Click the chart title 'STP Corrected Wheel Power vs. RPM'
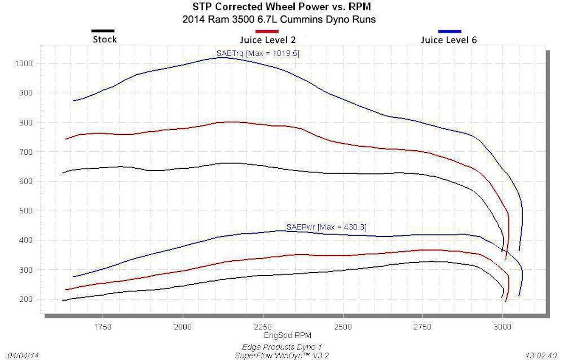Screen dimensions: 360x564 [285, 8]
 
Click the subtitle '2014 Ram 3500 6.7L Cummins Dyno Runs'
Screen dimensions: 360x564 [285, 20]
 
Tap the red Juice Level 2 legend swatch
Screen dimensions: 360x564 [266, 31]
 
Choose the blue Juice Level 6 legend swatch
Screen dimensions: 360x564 [449, 31]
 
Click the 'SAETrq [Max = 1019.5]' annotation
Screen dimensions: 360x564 [258, 53]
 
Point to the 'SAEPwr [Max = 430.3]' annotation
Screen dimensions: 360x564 [326, 227]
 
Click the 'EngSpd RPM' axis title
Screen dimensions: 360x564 [288, 335]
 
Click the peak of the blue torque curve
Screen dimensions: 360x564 [222, 57]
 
